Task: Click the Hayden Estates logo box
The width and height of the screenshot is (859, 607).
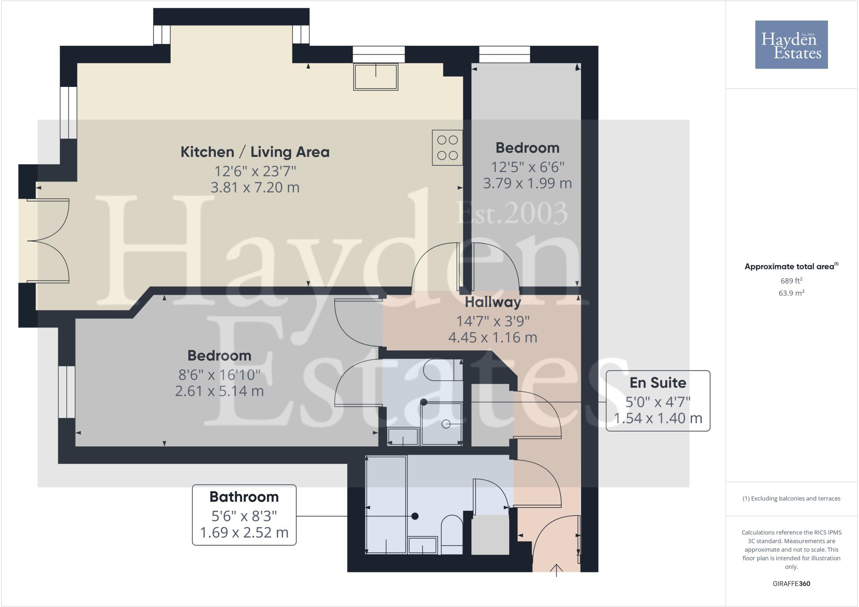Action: [791, 44]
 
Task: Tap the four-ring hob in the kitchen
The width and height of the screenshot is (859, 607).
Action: [447, 148]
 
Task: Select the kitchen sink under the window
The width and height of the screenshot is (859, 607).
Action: [375, 77]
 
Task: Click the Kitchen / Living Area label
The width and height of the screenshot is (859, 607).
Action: [255, 152]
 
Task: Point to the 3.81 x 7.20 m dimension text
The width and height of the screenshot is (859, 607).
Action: [255, 187]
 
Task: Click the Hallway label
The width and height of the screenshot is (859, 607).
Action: [492, 302]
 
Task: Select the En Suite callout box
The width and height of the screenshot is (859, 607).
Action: [658, 400]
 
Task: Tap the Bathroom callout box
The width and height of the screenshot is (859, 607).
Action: [244, 515]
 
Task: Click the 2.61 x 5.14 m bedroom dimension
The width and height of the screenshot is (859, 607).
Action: [219, 391]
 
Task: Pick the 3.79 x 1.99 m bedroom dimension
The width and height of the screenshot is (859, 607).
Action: [527, 183]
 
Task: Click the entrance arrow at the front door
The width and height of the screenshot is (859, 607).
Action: [556, 570]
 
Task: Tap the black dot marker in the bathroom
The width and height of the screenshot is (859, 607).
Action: [415, 516]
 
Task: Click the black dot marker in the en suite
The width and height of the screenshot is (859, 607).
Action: [424, 402]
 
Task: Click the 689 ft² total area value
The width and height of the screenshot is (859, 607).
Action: [791, 281]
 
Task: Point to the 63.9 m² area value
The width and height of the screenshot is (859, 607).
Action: [791, 293]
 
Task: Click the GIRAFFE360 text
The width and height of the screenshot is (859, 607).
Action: [791, 583]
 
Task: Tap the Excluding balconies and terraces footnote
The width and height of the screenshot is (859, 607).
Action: [791, 499]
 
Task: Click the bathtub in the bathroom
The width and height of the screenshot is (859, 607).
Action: [386, 505]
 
